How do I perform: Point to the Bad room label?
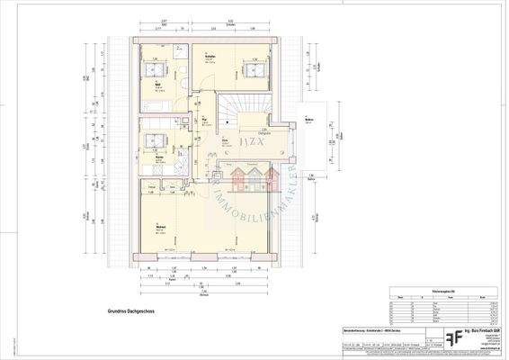pos(158,84)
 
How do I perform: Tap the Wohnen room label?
pos(159,227)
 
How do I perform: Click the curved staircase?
pos(246,108)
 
